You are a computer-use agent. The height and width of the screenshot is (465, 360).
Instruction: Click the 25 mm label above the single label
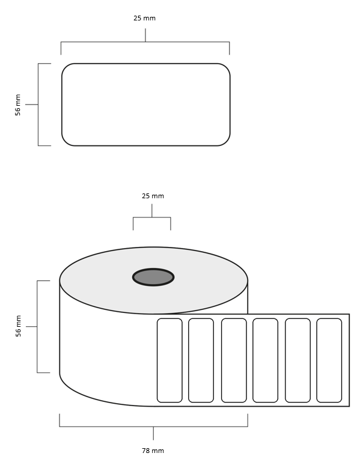click(x=144, y=18)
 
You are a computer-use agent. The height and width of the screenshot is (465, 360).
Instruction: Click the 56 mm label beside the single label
click(x=18, y=105)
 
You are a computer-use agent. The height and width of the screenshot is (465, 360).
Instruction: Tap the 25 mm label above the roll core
click(x=153, y=196)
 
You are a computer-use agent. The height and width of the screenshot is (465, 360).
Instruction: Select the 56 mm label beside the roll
click(x=19, y=326)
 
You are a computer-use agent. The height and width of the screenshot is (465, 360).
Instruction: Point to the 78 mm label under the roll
click(x=153, y=451)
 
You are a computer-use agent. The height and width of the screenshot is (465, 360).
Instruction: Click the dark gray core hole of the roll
click(x=153, y=277)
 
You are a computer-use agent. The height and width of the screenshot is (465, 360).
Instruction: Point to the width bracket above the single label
click(x=145, y=42)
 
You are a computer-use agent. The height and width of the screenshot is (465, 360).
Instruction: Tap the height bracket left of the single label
click(x=38, y=105)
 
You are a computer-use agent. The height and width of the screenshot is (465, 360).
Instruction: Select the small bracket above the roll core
click(x=152, y=217)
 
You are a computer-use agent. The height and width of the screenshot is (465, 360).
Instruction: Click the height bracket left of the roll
click(x=37, y=326)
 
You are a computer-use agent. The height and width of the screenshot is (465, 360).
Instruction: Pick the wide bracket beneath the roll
click(x=153, y=427)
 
